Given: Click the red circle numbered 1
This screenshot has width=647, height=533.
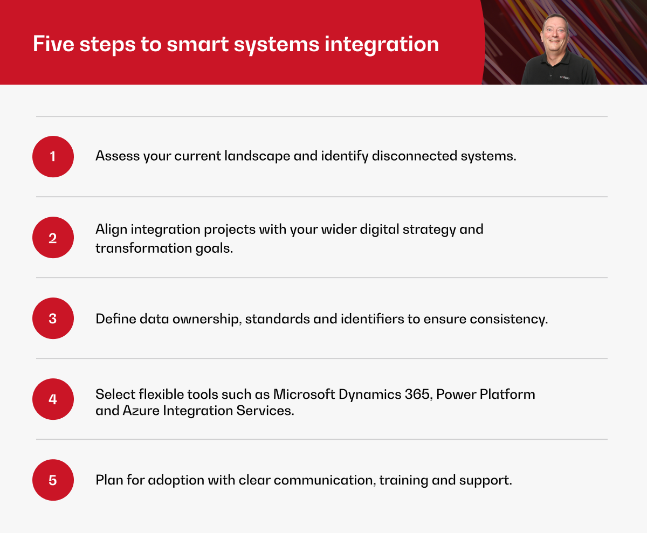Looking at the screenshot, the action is (53, 156).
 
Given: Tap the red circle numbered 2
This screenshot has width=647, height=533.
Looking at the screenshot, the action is (53, 238).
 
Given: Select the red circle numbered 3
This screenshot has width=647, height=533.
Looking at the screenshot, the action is (53, 319).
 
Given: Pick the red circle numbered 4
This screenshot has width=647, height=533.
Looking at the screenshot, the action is (53, 399).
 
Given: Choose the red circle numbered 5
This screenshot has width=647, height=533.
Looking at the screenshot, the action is (53, 480).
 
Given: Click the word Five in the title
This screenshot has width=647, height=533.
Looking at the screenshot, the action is (53, 44).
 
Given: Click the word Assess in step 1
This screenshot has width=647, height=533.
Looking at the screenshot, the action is (118, 156).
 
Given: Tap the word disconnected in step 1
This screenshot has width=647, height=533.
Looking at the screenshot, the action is (415, 156).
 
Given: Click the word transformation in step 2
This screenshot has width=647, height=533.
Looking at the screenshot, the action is (144, 248).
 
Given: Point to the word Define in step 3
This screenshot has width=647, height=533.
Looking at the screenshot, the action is (116, 319).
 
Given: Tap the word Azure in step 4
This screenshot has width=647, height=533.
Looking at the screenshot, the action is (141, 411).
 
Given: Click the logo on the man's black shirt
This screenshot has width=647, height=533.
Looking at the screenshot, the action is (565, 78).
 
